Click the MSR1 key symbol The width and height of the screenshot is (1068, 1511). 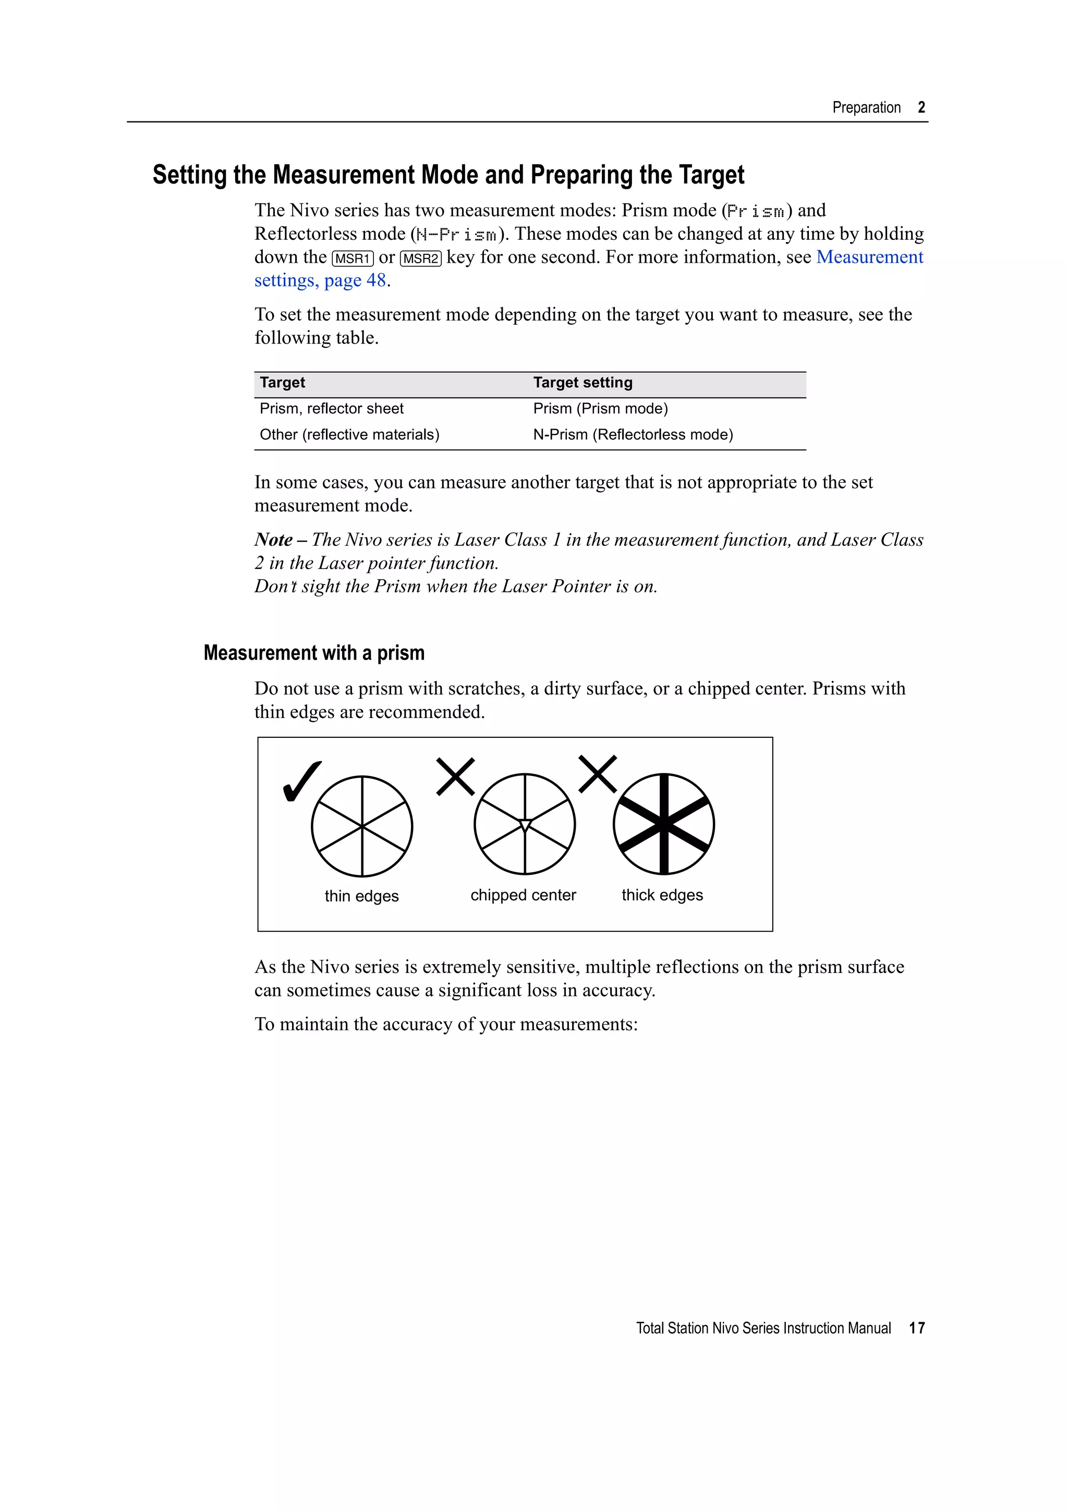click(x=353, y=259)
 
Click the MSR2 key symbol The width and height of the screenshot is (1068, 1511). click(x=420, y=259)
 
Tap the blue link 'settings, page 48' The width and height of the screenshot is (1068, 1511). click(x=320, y=281)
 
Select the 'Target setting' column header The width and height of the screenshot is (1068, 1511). click(x=582, y=382)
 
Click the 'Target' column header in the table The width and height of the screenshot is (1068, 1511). click(x=282, y=382)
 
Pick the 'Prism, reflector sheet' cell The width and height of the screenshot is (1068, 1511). click(x=331, y=409)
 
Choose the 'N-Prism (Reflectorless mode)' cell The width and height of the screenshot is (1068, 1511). click(x=633, y=434)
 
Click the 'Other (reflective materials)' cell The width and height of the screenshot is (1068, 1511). click(x=349, y=434)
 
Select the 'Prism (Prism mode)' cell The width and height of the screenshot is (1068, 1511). click(x=600, y=409)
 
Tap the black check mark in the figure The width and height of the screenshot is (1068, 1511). click(x=301, y=781)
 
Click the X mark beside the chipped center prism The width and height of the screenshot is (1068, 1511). click(x=455, y=776)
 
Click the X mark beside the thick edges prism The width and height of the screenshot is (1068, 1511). click(x=598, y=774)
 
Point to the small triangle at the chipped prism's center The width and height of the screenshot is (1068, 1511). click(x=525, y=825)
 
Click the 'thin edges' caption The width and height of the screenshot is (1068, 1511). click(x=361, y=896)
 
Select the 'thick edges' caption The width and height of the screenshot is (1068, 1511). click(x=662, y=895)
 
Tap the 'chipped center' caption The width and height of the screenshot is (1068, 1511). click(x=523, y=895)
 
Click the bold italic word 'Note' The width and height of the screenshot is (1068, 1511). click(x=273, y=540)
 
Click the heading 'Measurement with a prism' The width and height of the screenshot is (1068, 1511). click(x=314, y=653)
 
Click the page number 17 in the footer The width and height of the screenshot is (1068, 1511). click(x=917, y=1327)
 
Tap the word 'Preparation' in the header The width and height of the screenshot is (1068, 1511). click(x=866, y=107)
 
